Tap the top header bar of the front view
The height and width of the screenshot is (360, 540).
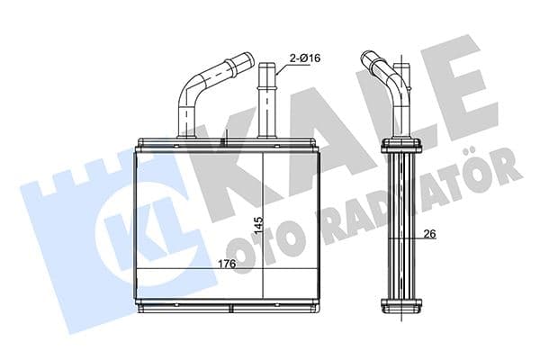point(226,143)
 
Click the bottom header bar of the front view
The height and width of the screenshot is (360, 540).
point(226,307)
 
